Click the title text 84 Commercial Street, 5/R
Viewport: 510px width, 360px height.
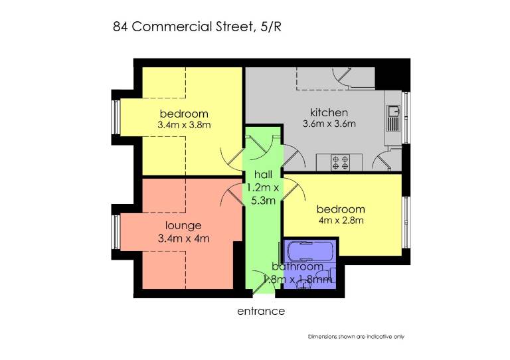pyautogui.click(x=197, y=27)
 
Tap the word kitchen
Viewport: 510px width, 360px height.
pyautogui.click(x=329, y=112)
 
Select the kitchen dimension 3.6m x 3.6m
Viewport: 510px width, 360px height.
pyautogui.click(x=329, y=124)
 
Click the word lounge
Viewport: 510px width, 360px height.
pyautogui.click(x=183, y=225)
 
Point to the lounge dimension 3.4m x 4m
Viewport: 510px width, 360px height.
pyautogui.click(x=183, y=238)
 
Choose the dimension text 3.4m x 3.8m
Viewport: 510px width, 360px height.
pyautogui.click(x=184, y=125)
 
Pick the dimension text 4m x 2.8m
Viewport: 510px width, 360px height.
pyautogui.click(x=341, y=221)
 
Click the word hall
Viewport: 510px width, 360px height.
pyautogui.click(x=263, y=175)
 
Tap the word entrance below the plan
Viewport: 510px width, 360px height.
pyautogui.click(x=261, y=312)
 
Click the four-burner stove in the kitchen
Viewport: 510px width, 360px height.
pyautogui.click(x=340, y=163)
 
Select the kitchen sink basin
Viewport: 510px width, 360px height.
pyautogui.click(x=394, y=110)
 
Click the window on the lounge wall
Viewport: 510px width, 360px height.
pyautogui.click(x=116, y=232)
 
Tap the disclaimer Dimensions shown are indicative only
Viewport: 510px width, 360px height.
pyautogui.click(x=356, y=337)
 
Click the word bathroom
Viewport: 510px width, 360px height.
pyautogui.click(x=297, y=266)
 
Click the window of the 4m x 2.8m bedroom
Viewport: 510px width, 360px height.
pyautogui.click(x=406, y=223)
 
